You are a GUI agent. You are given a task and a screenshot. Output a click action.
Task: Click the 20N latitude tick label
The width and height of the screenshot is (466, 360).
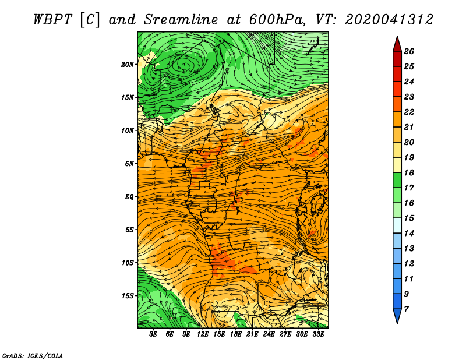(128, 65)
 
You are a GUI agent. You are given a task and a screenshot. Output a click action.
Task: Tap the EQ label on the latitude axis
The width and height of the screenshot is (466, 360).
(129, 197)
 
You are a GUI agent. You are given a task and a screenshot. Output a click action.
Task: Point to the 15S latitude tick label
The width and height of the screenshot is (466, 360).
(128, 296)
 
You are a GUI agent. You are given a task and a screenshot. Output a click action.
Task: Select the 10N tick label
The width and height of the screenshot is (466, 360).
(128, 130)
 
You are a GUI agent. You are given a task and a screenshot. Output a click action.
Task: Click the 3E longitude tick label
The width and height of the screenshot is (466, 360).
(153, 334)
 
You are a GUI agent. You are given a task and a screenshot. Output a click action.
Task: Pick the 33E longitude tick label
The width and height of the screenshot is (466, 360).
(318, 334)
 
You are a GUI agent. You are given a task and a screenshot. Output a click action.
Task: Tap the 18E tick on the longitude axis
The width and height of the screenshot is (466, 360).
(236, 334)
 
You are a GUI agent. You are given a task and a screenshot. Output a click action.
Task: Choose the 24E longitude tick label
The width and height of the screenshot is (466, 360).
(269, 334)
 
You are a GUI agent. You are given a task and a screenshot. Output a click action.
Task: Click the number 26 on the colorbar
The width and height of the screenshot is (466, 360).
(409, 51)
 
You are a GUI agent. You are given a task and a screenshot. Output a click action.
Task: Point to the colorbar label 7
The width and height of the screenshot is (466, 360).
(406, 309)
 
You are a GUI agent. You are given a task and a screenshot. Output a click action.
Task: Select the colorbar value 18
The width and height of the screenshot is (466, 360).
(409, 172)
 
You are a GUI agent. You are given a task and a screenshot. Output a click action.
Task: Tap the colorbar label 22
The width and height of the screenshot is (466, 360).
(409, 112)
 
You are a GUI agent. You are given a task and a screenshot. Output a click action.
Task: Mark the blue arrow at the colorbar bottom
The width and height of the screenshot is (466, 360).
(397, 315)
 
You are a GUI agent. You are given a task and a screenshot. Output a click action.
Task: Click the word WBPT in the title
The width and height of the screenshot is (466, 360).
(52, 20)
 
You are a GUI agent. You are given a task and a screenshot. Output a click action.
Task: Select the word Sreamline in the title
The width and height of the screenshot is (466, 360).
(181, 20)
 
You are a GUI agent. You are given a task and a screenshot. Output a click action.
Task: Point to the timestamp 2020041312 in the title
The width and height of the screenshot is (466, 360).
(389, 20)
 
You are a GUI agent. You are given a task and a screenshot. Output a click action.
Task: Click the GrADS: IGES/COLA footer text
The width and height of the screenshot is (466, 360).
(33, 356)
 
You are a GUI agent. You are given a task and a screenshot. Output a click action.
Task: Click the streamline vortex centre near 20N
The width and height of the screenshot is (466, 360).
(185, 64)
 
